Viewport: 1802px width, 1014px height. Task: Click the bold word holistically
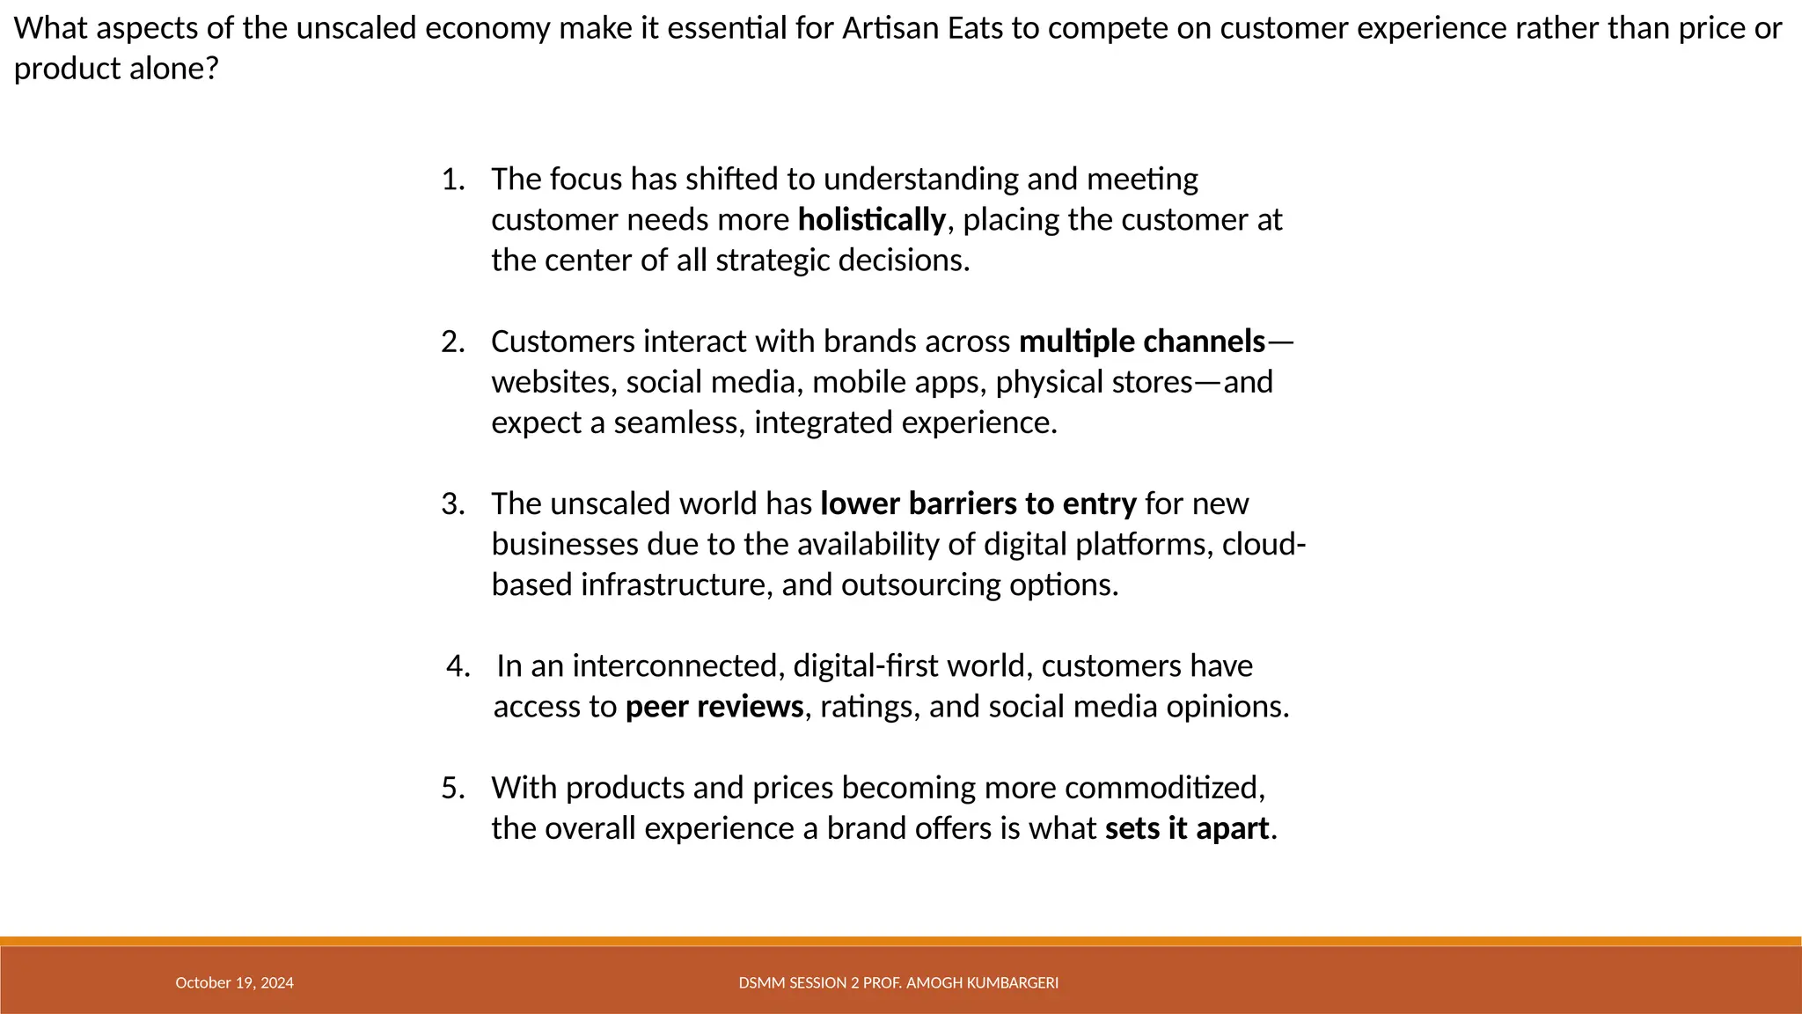click(x=871, y=220)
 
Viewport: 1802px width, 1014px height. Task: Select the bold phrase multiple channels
click(x=1142, y=342)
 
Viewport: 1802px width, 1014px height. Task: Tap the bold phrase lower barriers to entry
click(x=978, y=504)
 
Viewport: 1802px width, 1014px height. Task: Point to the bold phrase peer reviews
click(x=714, y=707)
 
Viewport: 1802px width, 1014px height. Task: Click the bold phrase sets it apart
click(x=1187, y=828)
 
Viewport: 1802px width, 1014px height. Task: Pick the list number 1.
click(x=452, y=180)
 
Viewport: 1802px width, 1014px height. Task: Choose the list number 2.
click(x=452, y=342)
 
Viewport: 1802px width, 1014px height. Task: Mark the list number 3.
click(x=452, y=504)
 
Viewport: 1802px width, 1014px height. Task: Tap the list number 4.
click(x=458, y=666)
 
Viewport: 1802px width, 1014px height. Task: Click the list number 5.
click(x=452, y=788)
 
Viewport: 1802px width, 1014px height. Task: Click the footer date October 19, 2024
click(x=234, y=983)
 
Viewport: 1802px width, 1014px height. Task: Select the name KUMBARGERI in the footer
click(x=1012, y=983)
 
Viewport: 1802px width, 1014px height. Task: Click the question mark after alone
click(x=210, y=69)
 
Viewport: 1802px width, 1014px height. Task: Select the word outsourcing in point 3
click(x=920, y=585)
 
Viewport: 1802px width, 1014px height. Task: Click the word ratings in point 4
click(x=866, y=707)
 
